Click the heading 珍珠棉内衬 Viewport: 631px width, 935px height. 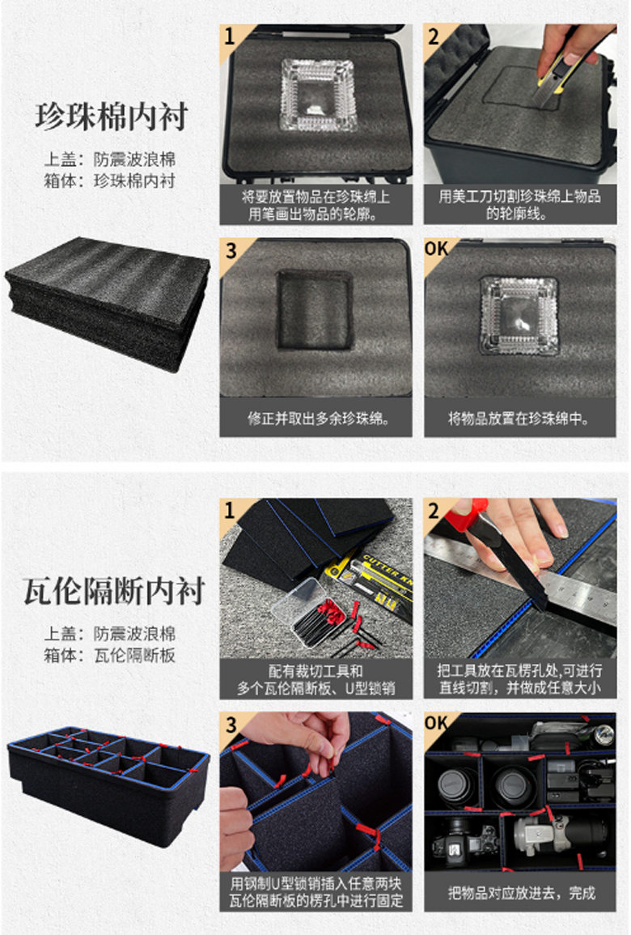112,116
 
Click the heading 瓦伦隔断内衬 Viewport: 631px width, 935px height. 114,590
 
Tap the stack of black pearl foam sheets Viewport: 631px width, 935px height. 108,304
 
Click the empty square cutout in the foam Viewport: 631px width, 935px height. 314,310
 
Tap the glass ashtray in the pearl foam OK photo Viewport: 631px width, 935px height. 519,316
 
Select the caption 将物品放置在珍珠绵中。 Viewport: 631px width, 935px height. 519,418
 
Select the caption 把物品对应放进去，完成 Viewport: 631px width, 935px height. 521,893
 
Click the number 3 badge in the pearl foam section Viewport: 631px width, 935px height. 231,250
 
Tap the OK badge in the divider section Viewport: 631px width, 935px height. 436,724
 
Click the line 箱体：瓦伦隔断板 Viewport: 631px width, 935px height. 110,656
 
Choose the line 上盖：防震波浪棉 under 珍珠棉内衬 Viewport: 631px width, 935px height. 110,159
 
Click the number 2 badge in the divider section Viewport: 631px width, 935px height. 434,511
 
